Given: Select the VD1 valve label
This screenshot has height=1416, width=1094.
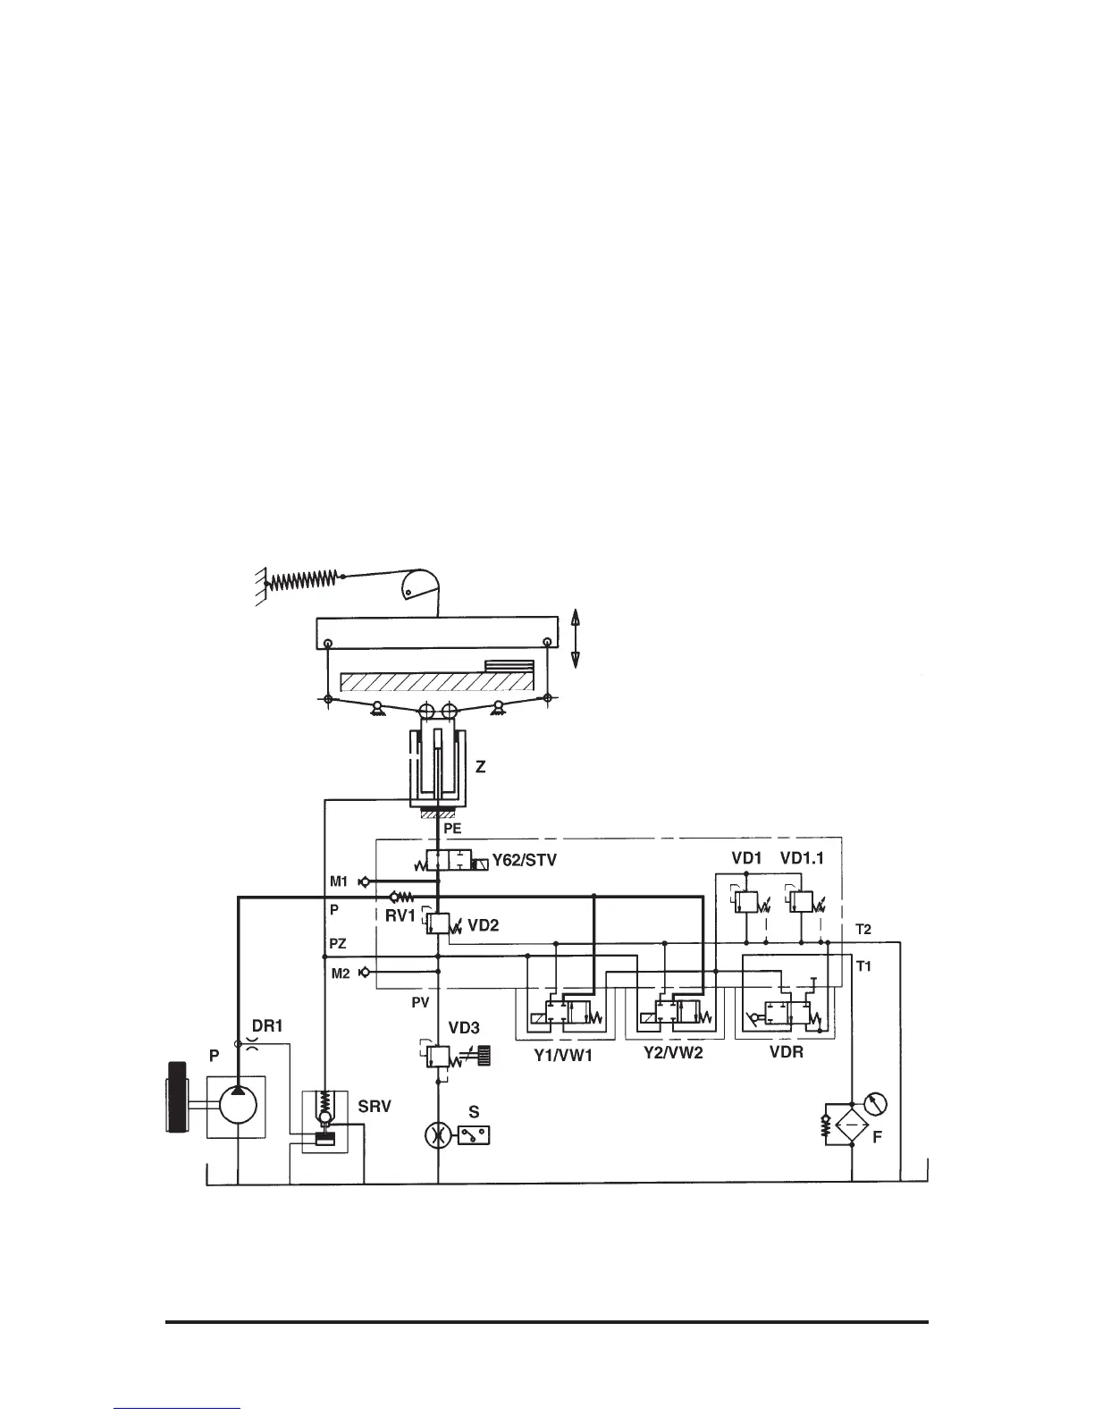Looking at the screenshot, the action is pos(745,859).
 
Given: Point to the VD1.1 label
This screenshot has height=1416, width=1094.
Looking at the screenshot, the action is pos(802,859).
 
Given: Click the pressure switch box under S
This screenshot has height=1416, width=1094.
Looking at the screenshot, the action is pos(473,1135).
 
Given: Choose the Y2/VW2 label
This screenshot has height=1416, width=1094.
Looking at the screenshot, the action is pos(673,1053).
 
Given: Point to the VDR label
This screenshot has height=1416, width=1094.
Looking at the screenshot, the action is pos(787,1052).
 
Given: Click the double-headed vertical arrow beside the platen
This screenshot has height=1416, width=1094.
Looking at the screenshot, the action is pos(576,636).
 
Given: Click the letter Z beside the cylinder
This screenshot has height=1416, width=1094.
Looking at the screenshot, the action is pos(480,767).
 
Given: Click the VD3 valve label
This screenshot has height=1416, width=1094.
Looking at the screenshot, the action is pos(464,1029).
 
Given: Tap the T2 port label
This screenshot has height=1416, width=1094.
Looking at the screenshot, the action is pos(863,929).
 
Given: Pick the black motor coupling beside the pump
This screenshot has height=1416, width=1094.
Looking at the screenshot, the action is pos(176,1096).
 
